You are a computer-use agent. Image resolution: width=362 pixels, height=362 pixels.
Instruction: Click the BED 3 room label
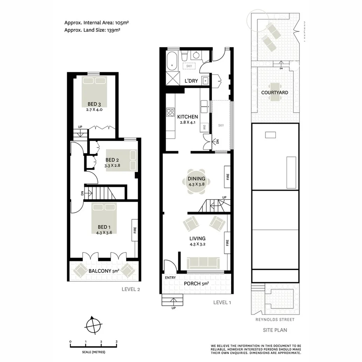pos(94,104)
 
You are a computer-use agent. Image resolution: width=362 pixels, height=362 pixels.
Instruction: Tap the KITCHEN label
pos(188,117)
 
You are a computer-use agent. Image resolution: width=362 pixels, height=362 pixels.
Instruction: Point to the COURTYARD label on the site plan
pos(275,92)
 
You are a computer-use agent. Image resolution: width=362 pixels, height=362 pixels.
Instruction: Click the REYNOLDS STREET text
pos(275,320)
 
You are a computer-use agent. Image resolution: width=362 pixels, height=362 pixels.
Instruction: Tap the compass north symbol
pos(93,325)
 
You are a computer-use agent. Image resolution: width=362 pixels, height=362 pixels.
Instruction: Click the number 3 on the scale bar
pos(117,342)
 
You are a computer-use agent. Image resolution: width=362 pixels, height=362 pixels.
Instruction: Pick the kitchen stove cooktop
pos(170,113)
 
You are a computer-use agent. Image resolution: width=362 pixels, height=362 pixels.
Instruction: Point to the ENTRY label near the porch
pos(170,277)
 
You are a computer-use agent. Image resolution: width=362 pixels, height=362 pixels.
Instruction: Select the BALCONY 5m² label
pos(103,271)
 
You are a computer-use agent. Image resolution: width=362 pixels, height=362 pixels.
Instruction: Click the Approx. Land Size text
pos(92,30)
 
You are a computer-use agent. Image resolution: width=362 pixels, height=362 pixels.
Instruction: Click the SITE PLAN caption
pos(275,331)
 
